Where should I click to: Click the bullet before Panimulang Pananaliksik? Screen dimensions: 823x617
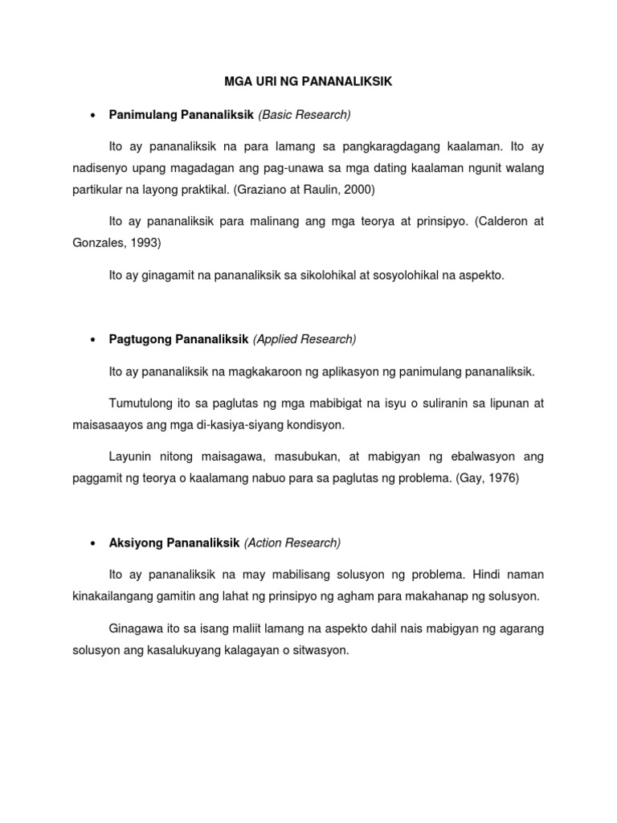click(93, 115)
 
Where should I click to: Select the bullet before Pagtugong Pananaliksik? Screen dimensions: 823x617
click(93, 339)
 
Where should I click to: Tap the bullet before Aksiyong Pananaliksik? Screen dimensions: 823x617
click(93, 543)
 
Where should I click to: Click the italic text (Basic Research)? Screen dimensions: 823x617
click(304, 115)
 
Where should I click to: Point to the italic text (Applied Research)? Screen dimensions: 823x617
click(304, 339)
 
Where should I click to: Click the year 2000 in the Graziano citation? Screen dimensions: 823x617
click(358, 192)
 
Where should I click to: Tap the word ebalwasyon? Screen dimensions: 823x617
click(472, 457)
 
